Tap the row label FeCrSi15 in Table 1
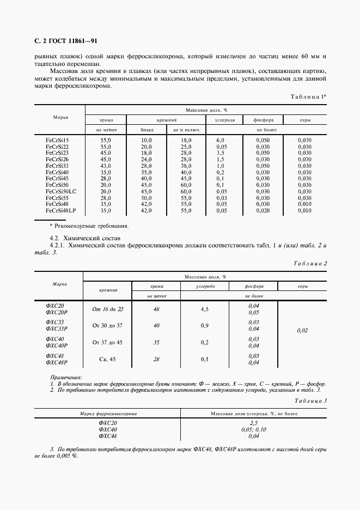(x=57, y=141)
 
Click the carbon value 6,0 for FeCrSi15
(x=221, y=141)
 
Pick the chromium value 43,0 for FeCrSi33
(x=106, y=166)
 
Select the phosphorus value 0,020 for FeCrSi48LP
(x=263, y=210)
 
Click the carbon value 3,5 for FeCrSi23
(x=221, y=153)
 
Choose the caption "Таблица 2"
(x=309, y=263)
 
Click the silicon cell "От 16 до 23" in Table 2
(x=108, y=309)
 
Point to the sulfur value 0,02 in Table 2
(x=302, y=330)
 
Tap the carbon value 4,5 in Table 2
(x=205, y=309)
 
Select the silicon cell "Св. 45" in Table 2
(x=108, y=359)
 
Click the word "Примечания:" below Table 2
(x=66, y=377)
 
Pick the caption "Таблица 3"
(x=309, y=400)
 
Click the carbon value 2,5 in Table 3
(x=254, y=423)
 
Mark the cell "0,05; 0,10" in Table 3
(x=254, y=429)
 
